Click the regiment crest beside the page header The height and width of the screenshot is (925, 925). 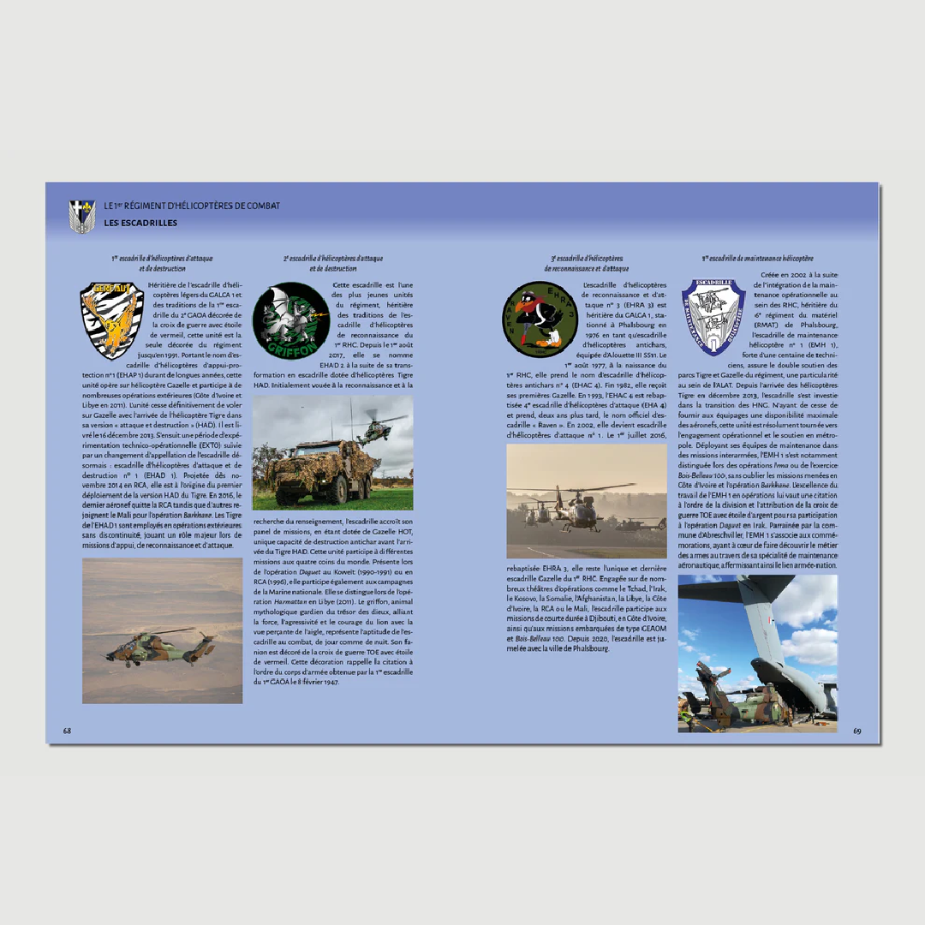81,216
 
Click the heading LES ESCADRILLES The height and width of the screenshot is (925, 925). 140,224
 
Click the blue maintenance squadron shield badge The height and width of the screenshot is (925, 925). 713,317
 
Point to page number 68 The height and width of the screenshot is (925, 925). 67,731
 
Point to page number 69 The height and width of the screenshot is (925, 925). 856,731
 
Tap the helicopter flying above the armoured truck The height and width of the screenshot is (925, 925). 377,428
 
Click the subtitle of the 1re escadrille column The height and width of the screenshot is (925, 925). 162,263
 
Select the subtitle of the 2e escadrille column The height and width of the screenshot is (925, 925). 333,263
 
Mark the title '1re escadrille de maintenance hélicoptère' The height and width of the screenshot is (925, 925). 758,258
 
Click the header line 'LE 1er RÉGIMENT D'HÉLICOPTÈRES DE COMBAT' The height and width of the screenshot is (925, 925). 192,206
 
